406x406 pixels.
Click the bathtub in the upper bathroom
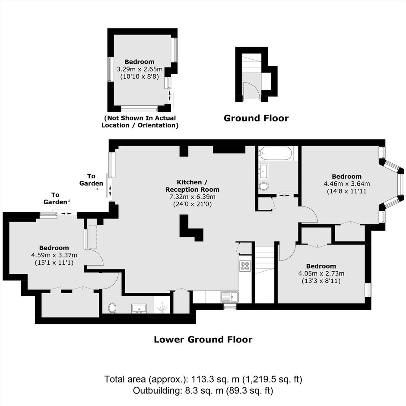[x=276, y=153]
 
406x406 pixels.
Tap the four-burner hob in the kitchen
[x=245, y=265]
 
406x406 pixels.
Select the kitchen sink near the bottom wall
[x=230, y=297]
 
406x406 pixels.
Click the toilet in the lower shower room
[x=112, y=308]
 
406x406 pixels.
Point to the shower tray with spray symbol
[x=162, y=305]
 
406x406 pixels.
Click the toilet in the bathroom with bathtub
[x=264, y=186]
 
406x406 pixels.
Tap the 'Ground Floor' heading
[x=256, y=118]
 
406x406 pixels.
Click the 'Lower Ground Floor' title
[x=203, y=339]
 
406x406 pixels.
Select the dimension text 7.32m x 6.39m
[x=192, y=197]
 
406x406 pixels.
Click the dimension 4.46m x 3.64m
[x=347, y=184]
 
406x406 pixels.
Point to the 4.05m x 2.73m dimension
[x=321, y=273]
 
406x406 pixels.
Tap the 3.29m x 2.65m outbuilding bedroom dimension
[x=140, y=69]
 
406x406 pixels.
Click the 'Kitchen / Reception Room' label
[x=192, y=186]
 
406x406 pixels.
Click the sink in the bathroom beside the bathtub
[x=263, y=171]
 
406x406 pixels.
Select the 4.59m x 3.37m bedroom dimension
[x=54, y=255]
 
